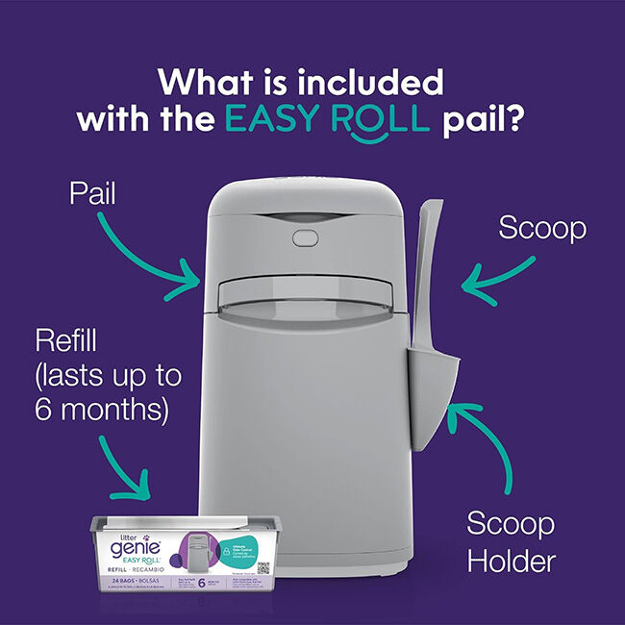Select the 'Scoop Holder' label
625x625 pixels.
click(511, 541)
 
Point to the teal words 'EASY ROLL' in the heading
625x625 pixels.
click(325, 118)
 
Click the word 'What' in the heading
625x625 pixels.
click(199, 81)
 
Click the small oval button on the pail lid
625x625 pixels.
click(304, 236)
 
